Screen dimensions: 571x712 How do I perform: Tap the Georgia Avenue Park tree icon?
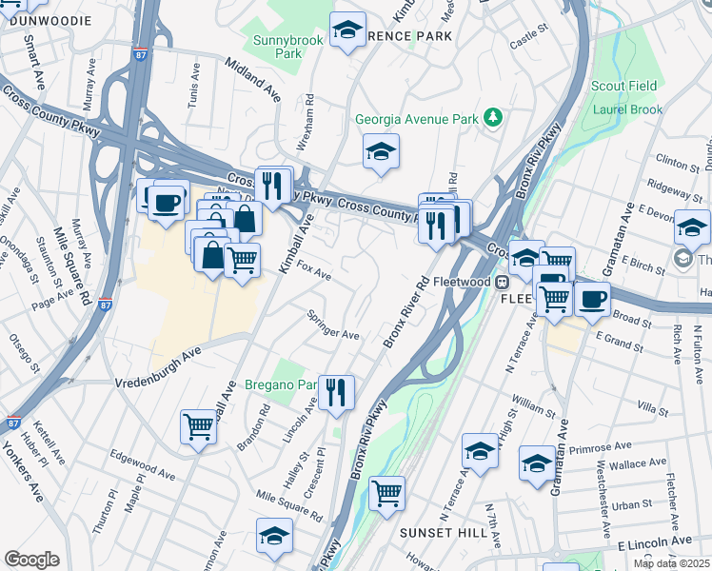pyautogui.click(x=493, y=118)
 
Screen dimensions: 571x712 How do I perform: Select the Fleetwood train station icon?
pyautogui.click(x=503, y=282)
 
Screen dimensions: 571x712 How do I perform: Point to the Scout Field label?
pyautogui.click(x=625, y=86)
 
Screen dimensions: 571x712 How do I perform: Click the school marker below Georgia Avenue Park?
pyautogui.click(x=381, y=151)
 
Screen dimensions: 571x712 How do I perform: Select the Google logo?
pyautogui.click(x=31, y=560)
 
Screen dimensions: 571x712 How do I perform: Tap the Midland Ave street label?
pyautogui.click(x=252, y=79)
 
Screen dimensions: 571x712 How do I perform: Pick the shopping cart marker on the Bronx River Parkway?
pyautogui.click(x=386, y=493)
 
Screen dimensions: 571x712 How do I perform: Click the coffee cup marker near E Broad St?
pyautogui.click(x=592, y=298)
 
